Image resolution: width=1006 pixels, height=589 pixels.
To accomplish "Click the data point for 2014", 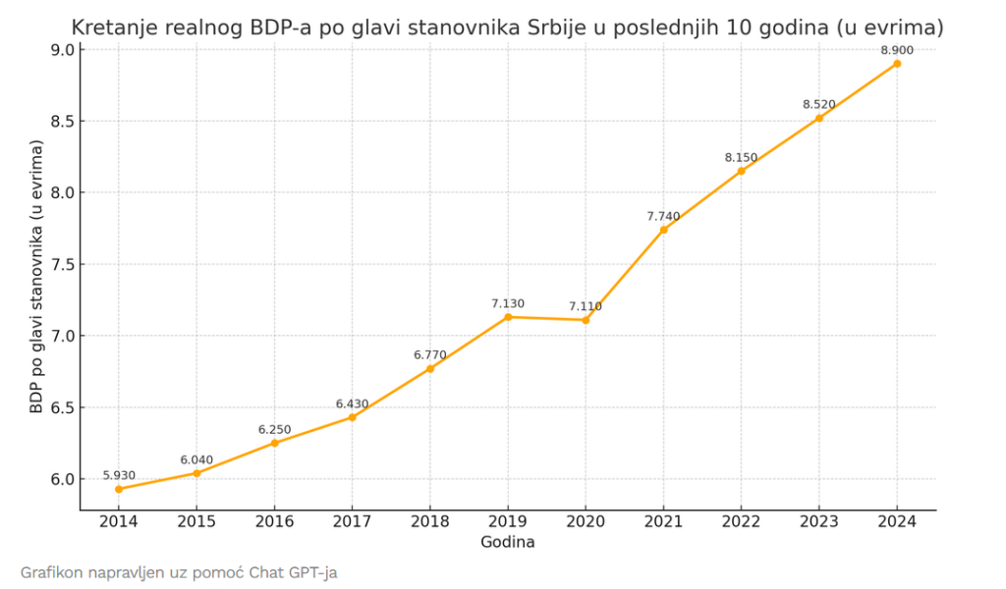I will point(118,489).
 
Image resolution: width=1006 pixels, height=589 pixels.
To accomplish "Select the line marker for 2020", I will point(586,320).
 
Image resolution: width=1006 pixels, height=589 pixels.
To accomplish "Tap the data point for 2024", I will point(897,64).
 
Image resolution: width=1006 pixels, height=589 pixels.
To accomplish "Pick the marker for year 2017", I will point(352,417).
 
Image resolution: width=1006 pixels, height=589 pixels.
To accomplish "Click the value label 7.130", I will point(508,303).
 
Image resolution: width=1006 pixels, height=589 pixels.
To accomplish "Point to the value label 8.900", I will point(897,49).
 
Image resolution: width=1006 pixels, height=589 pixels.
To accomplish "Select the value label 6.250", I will point(274,430).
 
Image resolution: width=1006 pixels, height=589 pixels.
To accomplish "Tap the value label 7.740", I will point(663,216).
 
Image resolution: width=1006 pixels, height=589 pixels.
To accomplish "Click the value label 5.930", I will point(118,475).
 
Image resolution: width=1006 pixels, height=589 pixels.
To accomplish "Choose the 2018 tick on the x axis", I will point(430,522).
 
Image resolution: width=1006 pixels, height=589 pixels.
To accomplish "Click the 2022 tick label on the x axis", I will point(741,522).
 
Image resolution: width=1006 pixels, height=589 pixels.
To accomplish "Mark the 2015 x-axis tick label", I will point(196,522).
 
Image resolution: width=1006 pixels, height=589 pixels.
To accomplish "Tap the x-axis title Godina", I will point(508,542).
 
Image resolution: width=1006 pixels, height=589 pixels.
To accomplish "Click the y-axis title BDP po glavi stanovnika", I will point(36,275).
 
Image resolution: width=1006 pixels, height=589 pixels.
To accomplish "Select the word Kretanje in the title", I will point(110,27).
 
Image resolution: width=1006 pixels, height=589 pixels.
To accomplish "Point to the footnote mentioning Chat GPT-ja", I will point(178,571).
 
